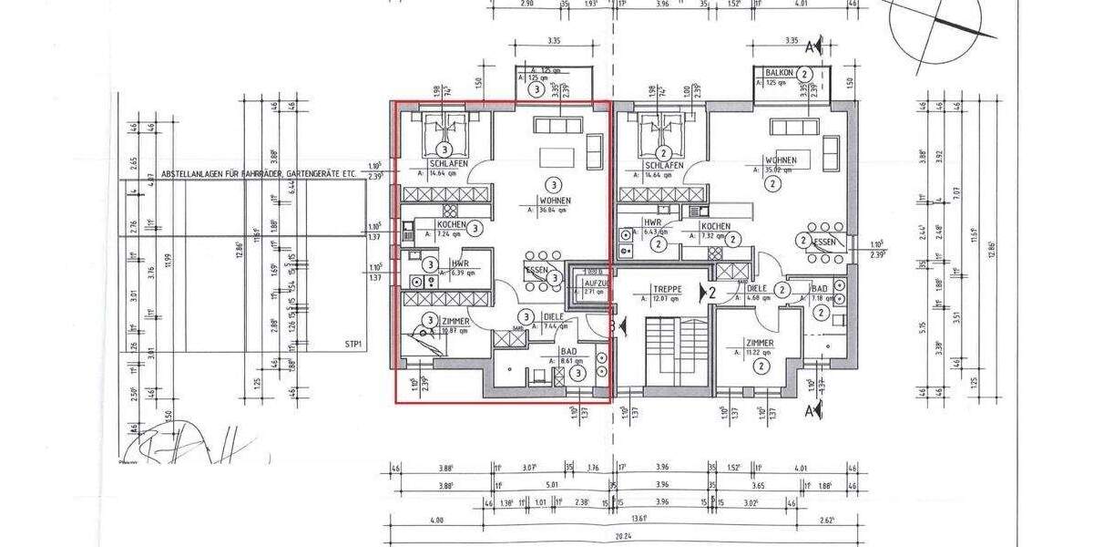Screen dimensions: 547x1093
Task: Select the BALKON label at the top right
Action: coord(776,72)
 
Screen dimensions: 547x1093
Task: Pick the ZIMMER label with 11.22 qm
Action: coord(757,344)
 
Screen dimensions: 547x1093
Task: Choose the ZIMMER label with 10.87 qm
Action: coord(454,322)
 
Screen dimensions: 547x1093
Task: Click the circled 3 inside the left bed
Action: coord(444,148)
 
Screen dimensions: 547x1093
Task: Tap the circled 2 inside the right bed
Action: coord(665,152)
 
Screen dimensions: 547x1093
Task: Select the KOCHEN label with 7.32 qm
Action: coord(714,225)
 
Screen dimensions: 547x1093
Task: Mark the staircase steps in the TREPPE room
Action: coord(665,351)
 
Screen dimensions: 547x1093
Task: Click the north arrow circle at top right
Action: coord(935,29)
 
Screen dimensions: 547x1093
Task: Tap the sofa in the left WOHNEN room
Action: coord(550,126)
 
